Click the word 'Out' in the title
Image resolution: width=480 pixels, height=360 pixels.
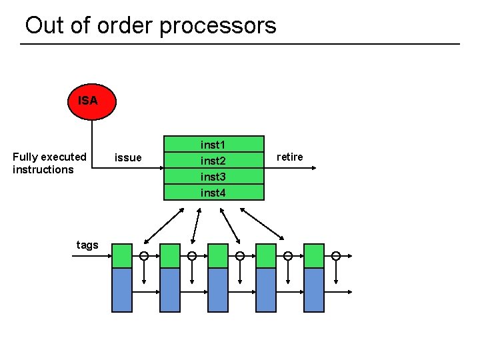44,25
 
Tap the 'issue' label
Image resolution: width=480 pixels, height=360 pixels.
128,157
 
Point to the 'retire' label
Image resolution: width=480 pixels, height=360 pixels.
289,157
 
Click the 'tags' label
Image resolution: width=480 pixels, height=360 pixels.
87,245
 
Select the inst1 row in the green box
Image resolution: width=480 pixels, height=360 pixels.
213,145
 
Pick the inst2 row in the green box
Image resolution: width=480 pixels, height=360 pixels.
213,161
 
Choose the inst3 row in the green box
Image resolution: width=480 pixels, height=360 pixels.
213,177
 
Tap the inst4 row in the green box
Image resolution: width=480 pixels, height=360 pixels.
213,193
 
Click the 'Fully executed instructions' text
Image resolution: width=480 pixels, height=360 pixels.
49,163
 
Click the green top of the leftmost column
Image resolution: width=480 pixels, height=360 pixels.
122,256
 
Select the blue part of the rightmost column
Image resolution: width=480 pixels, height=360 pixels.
314,290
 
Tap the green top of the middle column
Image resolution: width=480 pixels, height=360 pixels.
218,256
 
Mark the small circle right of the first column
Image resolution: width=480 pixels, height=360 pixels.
144,256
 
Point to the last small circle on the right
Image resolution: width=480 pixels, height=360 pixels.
336,256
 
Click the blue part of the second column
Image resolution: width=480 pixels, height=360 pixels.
170,290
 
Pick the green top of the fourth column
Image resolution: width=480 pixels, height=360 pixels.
266,256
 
